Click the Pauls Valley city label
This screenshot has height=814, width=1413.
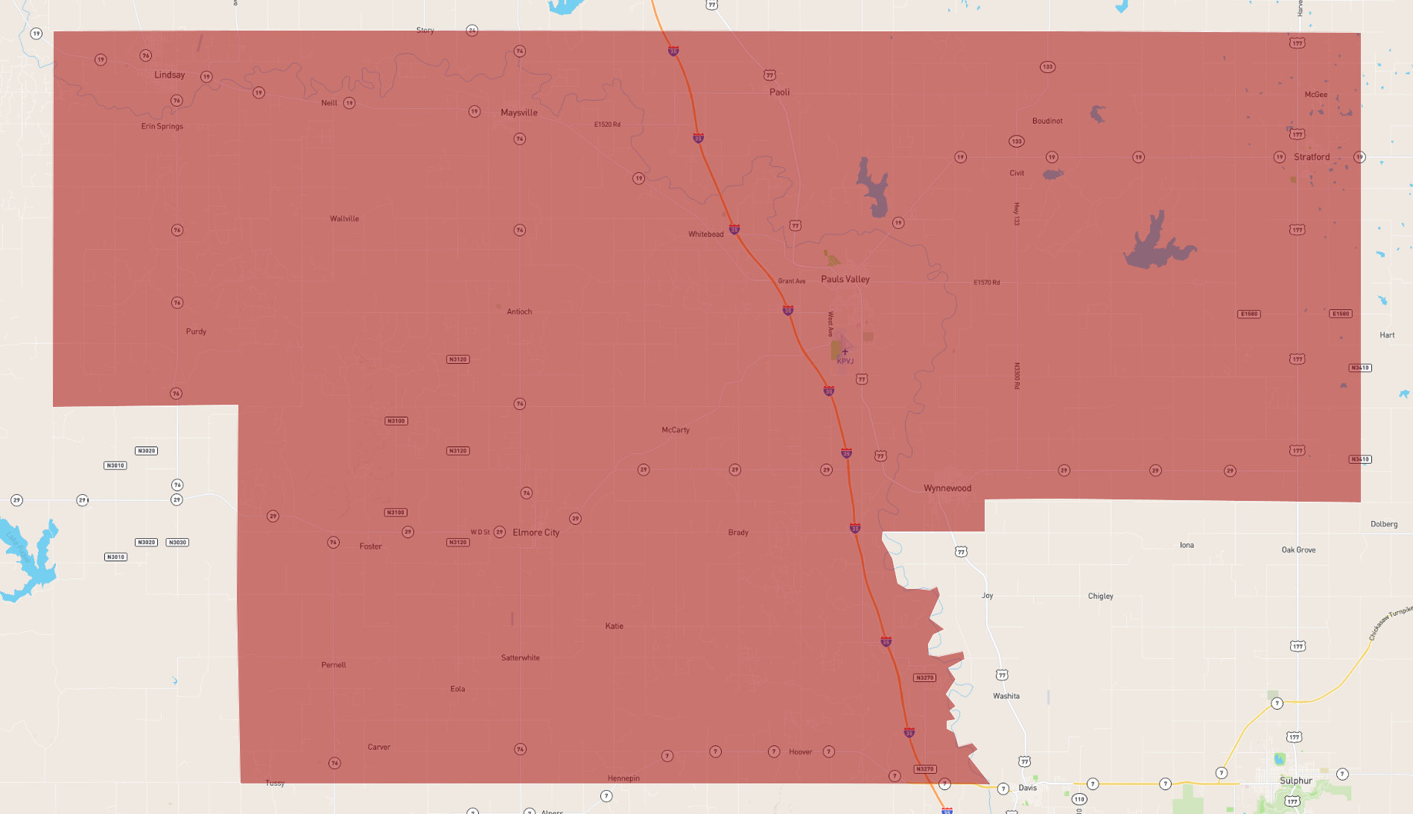tap(845, 280)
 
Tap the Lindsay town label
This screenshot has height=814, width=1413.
tap(169, 75)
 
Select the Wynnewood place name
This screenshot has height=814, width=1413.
tap(947, 488)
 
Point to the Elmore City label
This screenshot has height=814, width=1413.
tap(536, 533)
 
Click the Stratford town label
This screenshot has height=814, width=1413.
tap(1311, 157)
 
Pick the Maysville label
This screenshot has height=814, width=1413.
tap(518, 113)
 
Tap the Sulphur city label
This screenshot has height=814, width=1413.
tap(1295, 780)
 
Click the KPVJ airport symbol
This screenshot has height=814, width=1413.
tap(845, 352)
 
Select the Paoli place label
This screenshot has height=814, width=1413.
tap(779, 92)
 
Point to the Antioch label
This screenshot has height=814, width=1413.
tap(519, 312)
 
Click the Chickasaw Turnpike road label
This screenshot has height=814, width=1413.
tap(1390, 623)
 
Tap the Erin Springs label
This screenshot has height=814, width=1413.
tap(162, 127)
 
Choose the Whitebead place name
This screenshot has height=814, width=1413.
tap(705, 234)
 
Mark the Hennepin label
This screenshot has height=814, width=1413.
tap(623, 778)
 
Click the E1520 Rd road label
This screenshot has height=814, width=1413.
tap(607, 124)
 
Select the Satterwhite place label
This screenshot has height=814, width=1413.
tap(520, 657)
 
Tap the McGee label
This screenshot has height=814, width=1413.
tap(1315, 95)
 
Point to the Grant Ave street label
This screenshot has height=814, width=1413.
tap(791, 281)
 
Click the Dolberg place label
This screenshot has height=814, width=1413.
tap(1383, 524)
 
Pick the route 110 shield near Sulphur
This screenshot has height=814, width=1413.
tap(1079, 799)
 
